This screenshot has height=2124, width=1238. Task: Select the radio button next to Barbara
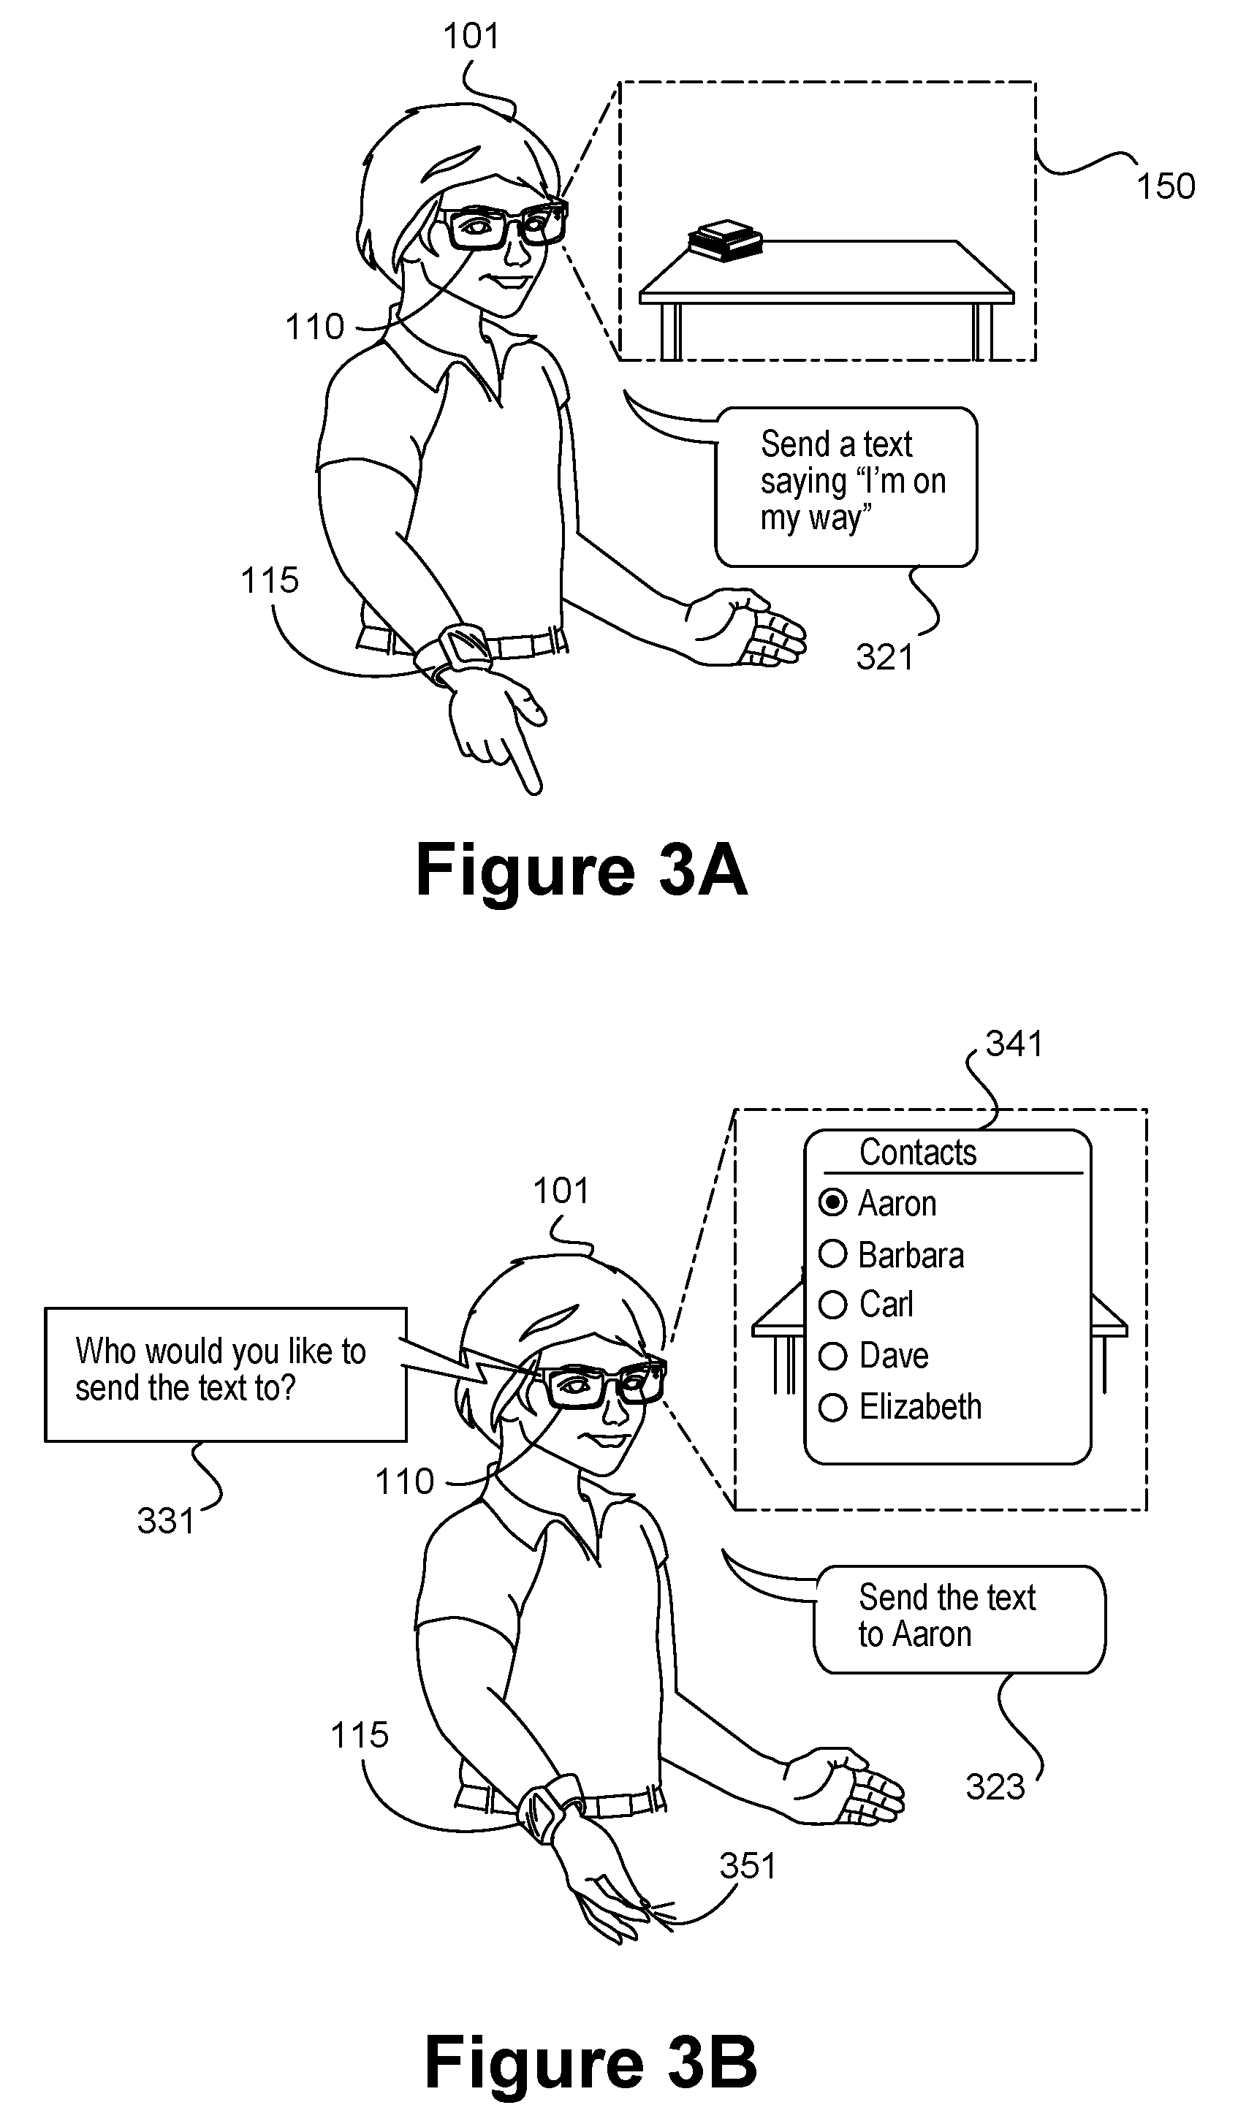click(832, 1254)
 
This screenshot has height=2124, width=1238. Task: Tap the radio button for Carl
click(832, 1305)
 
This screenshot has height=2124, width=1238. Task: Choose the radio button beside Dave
click(832, 1356)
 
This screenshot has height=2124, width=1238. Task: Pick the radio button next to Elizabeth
click(832, 1407)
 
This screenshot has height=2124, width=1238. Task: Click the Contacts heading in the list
click(918, 1152)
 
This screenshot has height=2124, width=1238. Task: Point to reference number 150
click(1166, 186)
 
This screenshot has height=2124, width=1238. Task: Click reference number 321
click(885, 656)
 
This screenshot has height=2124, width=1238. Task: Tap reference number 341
click(1014, 1044)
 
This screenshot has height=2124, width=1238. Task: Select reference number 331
click(166, 1521)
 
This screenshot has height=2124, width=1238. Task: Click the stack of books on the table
click(726, 240)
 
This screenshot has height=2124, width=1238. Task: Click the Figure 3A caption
click(582, 871)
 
